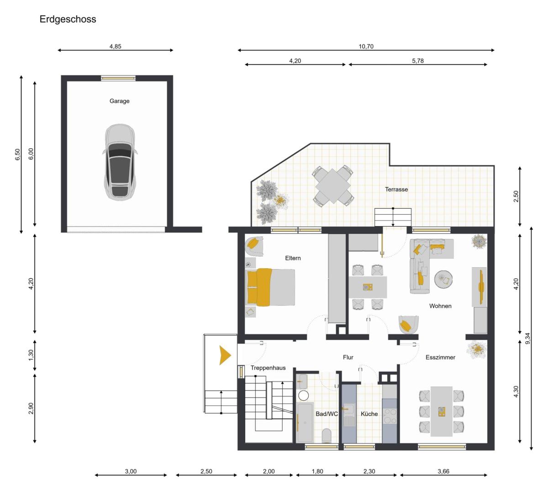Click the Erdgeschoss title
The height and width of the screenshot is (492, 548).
pyautogui.click(x=68, y=19)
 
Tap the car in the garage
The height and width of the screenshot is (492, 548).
pyautogui.click(x=120, y=162)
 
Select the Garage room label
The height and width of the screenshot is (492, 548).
pyautogui.click(x=119, y=101)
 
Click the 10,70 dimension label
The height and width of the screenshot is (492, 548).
pyautogui.click(x=366, y=46)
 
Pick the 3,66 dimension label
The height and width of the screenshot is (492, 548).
pyautogui.click(x=443, y=471)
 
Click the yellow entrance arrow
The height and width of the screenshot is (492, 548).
pyautogui.click(x=225, y=355)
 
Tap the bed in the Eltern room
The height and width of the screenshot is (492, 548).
pyautogui.click(x=270, y=287)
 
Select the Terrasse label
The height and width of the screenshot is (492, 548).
pyautogui.click(x=396, y=190)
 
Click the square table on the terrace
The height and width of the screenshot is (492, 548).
pyautogui.click(x=333, y=186)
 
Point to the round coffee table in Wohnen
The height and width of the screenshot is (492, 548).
pyautogui.click(x=443, y=279)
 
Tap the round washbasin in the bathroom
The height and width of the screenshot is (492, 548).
pyautogui.click(x=303, y=396)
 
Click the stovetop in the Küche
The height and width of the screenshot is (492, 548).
pyautogui.click(x=390, y=416)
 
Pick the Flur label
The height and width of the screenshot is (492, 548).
pyautogui.click(x=348, y=357)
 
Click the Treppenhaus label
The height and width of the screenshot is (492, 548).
pyautogui.click(x=268, y=368)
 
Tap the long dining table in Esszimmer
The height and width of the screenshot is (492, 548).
pyautogui.click(x=442, y=411)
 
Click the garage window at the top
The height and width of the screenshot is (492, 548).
pyautogui.click(x=118, y=78)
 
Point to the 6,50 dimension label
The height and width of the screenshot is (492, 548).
pyautogui.click(x=17, y=154)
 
